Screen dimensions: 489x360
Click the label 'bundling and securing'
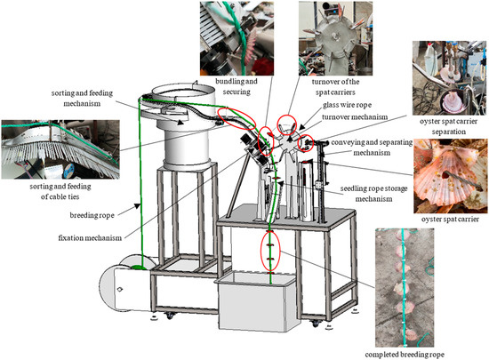coord(236,86)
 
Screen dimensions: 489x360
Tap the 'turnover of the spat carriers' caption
coord(335,87)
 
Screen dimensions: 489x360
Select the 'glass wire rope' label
coord(347,105)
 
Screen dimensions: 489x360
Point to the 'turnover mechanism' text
coord(355,116)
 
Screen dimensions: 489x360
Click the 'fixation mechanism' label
coord(90,238)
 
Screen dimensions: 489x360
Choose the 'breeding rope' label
coord(92,215)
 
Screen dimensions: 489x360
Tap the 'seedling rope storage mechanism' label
coord(373,194)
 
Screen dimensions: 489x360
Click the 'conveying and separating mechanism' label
coord(372,148)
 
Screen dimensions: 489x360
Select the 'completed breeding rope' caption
coord(405,355)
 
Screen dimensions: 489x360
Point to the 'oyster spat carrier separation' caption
coord(448,126)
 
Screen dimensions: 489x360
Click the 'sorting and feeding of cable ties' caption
coord(60,191)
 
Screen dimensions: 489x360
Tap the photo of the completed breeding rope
coord(405,288)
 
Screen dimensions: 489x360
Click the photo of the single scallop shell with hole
coord(451,176)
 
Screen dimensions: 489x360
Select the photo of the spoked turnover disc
coord(335,38)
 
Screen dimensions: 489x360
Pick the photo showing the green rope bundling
coord(236,38)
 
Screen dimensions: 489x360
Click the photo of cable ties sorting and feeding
coord(60,149)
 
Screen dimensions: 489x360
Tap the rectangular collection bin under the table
coord(256,301)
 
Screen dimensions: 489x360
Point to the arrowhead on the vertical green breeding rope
coord(137,206)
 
